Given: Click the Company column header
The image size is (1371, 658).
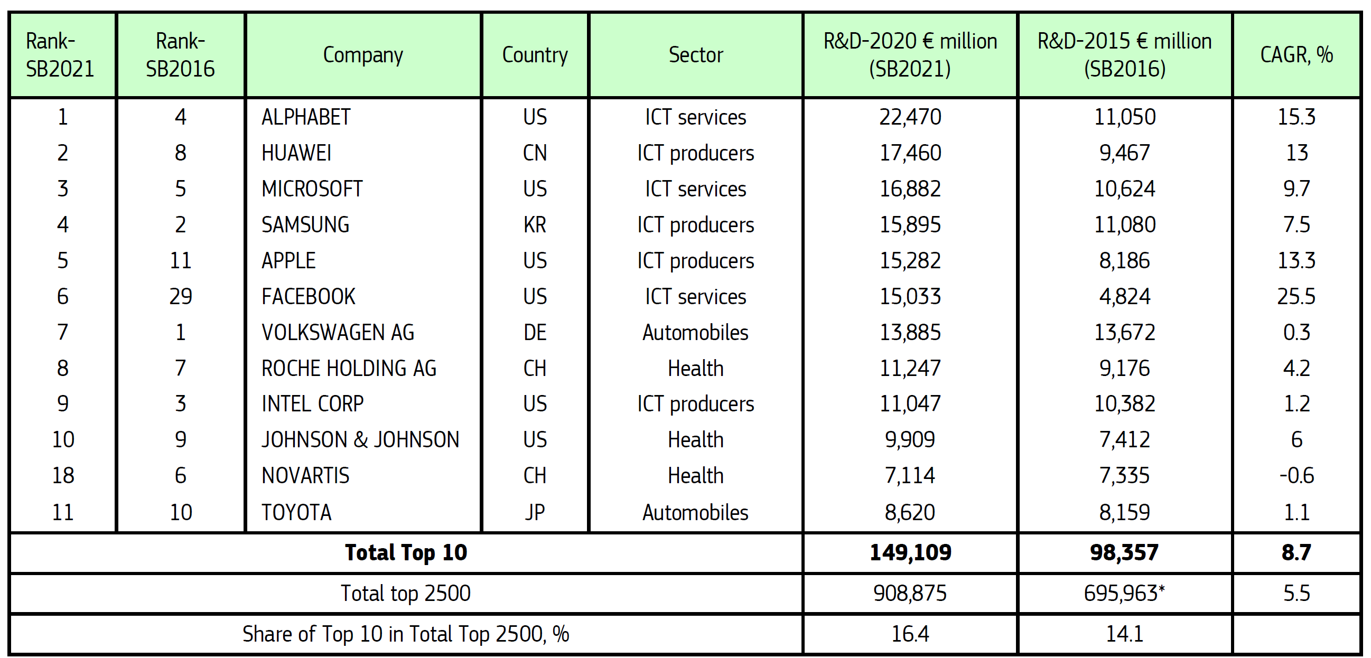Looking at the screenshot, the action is coord(363,55).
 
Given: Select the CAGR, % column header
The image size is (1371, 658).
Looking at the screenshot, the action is coord(1297,55).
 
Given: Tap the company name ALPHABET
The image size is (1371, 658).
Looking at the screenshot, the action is coord(306,117).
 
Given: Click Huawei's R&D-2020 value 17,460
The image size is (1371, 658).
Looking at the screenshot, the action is coord(910,153).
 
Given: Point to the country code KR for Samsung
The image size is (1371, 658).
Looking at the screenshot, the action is coord(535,225).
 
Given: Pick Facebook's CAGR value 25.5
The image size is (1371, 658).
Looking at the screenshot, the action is coord(1297,296).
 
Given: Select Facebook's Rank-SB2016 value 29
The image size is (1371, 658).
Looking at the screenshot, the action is coord(181,296).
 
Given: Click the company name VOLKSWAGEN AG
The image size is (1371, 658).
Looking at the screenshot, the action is coord(338,333).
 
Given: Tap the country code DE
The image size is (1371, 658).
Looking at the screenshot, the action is coord(535,333).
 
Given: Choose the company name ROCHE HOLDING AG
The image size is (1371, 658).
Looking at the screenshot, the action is coord(349,368).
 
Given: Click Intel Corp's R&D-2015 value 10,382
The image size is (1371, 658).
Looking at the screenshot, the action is coord(1125,404).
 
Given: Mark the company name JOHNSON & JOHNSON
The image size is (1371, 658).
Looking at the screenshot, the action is coord(360,440).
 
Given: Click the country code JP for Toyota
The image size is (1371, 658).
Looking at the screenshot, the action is coord(535,512).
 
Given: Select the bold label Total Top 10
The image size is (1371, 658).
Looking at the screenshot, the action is coord(406,553).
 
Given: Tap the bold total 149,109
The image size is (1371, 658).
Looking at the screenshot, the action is coord(910,553).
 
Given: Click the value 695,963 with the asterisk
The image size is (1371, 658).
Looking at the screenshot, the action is coord(1125,593).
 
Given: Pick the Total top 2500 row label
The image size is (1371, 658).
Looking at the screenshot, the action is coord(406,593).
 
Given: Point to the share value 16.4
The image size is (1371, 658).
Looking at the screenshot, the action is coord(910,634).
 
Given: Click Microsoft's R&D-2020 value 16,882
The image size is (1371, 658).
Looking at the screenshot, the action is coord(910,189).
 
